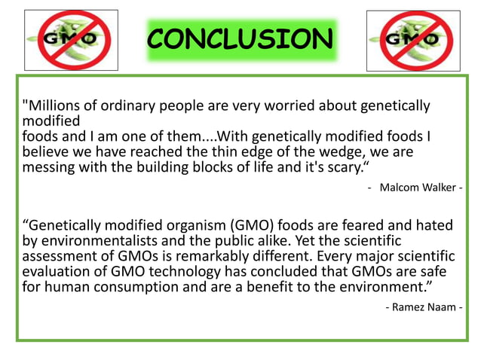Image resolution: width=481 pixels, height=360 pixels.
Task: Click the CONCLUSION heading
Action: tap(239, 38)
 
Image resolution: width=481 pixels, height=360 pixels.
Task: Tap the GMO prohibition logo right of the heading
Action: tap(412, 41)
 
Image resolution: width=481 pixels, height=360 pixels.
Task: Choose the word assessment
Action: tap(63, 258)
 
